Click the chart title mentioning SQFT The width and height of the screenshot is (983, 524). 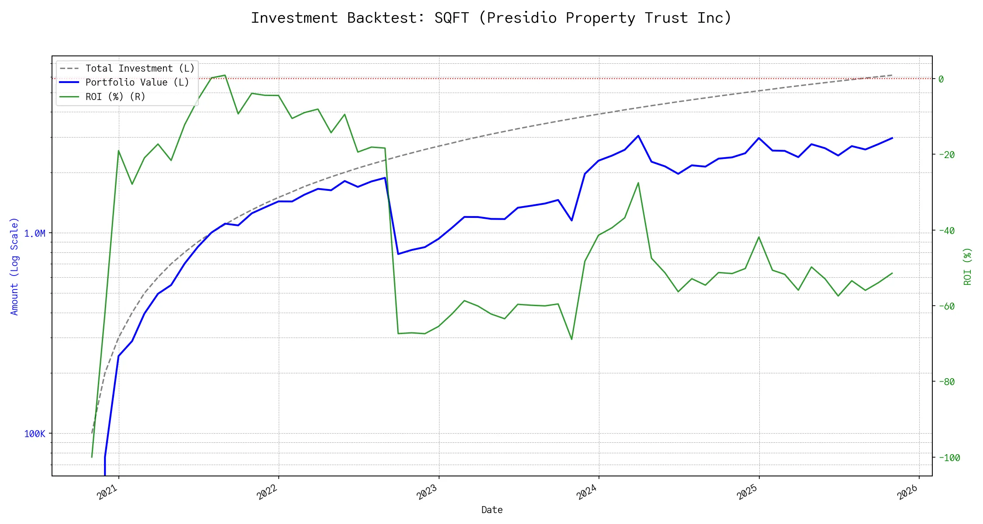[491, 18]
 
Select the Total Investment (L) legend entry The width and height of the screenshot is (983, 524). [139, 69]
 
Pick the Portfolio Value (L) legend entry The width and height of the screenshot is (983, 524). [137, 83]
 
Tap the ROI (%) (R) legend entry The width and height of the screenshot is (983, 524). [115, 97]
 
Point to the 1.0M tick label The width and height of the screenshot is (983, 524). [35, 234]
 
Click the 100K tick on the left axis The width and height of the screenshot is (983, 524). [35, 434]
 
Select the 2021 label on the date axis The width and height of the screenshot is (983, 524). [107, 492]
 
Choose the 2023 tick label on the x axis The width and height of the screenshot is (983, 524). [427, 492]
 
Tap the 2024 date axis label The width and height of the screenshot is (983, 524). [587, 492]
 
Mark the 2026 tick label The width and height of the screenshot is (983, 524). [908, 492]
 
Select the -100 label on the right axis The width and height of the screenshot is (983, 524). [946, 458]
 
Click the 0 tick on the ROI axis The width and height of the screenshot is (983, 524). [941, 79]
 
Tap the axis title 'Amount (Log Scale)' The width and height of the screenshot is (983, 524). [14, 266]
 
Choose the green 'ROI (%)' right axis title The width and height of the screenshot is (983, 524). [968, 266]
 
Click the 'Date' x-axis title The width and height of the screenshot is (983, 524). [492, 510]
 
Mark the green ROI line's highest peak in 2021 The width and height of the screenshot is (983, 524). [225, 75]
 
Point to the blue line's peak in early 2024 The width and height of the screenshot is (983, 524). [638, 136]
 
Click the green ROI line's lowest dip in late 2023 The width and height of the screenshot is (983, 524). [571, 339]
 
